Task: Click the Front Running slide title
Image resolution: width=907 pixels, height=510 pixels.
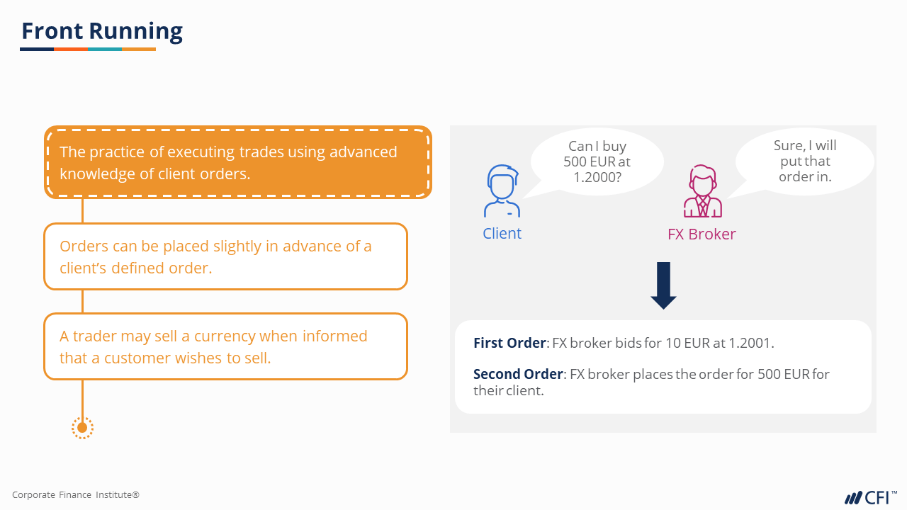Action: click(102, 31)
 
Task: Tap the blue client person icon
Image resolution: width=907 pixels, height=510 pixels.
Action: click(502, 191)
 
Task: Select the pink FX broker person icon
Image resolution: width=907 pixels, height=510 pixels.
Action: click(702, 191)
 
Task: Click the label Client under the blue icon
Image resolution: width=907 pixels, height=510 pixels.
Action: click(502, 234)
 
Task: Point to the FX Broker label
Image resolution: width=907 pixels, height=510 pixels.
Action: click(702, 234)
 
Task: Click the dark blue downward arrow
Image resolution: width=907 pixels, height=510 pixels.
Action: click(663, 285)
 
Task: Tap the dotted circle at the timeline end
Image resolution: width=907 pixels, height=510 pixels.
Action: click(83, 428)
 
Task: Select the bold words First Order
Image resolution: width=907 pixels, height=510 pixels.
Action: click(509, 343)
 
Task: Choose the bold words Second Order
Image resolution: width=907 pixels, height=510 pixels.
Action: click(518, 374)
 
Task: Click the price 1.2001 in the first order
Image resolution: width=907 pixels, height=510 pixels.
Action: click(750, 343)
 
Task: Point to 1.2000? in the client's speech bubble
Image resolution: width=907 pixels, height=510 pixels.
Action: click(597, 177)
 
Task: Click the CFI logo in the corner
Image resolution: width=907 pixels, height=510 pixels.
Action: click(871, 497)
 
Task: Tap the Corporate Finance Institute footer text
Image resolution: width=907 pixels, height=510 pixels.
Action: click(76, 494)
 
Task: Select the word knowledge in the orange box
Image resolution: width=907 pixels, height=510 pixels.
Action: click(98, 174)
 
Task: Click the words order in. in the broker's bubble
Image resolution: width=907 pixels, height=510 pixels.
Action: click(805, 176)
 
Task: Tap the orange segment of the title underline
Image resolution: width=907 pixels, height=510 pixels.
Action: click(71, 50)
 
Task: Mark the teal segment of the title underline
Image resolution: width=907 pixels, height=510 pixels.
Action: click(105, 50)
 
